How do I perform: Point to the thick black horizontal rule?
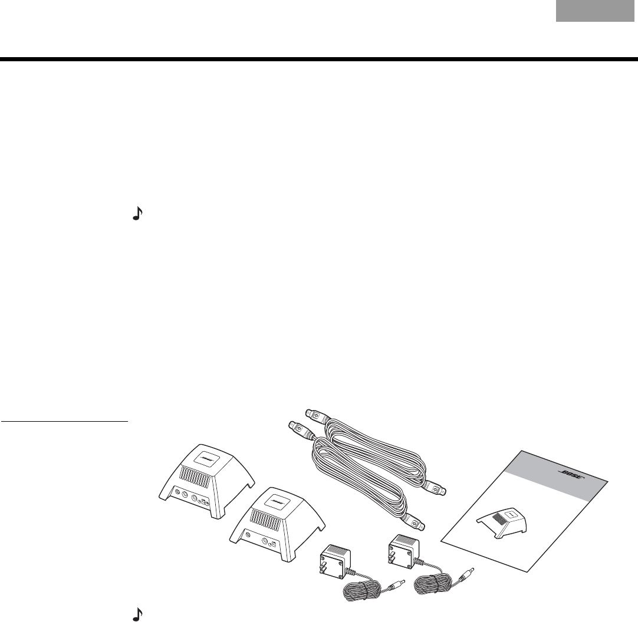point(318,59)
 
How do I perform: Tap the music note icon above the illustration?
point(137,216)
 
